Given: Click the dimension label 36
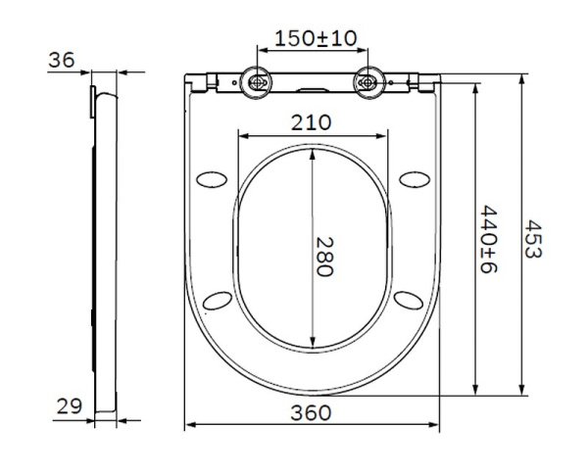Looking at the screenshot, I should (x=61, y=60).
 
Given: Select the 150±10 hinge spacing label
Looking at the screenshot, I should (x=315, y=38).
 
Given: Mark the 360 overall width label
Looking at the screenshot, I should (x=312, y=412).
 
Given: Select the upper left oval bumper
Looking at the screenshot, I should (x=211, y=178).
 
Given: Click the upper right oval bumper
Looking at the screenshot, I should (x=416, y=178).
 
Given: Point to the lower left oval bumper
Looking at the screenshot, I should (x=220, y=299).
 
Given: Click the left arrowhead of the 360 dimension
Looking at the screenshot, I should (x=190, y=426).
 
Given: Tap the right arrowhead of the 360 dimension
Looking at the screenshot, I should (x=436, y=426).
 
